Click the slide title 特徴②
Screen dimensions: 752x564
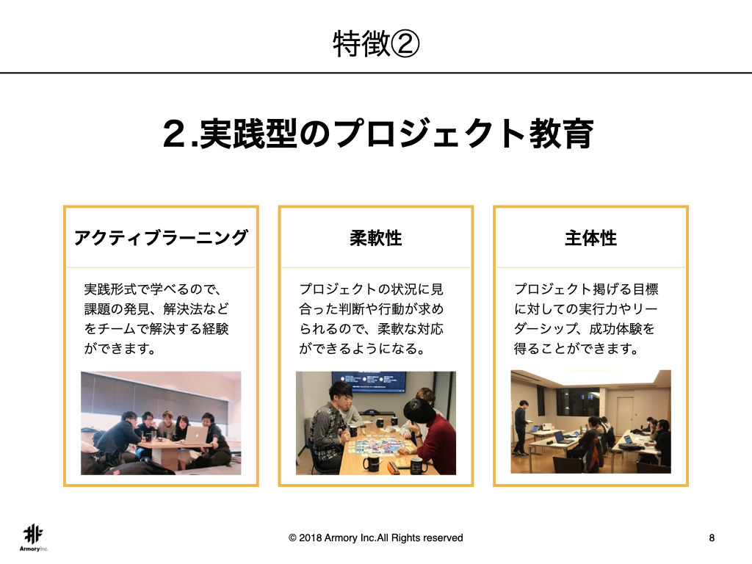click(376, 43)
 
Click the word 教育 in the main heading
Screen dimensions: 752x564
click(561, 134)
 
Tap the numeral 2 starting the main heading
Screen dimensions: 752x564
click(176, 134)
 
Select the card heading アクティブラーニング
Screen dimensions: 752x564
click(161, 238)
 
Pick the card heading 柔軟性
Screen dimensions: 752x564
click(376, 238)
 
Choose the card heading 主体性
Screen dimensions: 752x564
click(591, 238)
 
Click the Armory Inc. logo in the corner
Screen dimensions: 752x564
click(34, 538)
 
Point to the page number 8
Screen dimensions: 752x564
click(712, 538)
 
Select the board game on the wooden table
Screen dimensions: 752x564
click(376, 444)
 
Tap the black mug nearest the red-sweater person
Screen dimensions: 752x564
click(419, 465)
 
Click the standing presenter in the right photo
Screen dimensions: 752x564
click(521, 428)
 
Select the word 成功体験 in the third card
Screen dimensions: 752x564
click(615, 329)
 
